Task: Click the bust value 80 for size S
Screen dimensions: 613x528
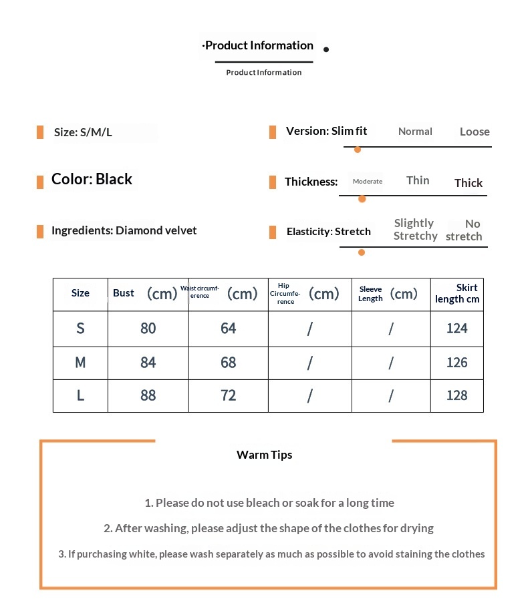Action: point(148,329)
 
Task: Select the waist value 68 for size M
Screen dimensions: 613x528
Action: point(229,363)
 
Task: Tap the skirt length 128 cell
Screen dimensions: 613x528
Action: point(457,395)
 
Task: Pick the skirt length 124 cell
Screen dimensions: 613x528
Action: point(457,329)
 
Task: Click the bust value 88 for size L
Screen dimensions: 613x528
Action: point(148,395)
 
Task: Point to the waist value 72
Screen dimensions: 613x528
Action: point(229,395)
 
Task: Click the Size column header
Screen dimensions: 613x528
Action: point(80,293)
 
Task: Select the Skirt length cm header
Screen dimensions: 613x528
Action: point(457,293)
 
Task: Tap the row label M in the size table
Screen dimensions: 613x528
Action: point(80,363)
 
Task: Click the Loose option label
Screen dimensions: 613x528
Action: point(475,132)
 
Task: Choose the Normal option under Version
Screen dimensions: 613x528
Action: point(415,132)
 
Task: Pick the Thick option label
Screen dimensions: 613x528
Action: point(469,183)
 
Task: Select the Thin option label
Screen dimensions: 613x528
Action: point(418,180)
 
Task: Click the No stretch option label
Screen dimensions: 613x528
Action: point(465,230)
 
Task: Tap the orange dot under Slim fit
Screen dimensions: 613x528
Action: point(358,149)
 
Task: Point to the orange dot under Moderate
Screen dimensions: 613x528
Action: point(362,198)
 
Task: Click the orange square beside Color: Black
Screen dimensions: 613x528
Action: point(40,180)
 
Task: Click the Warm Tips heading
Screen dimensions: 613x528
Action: point(264,455)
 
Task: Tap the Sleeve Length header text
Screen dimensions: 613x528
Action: point(370,294)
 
